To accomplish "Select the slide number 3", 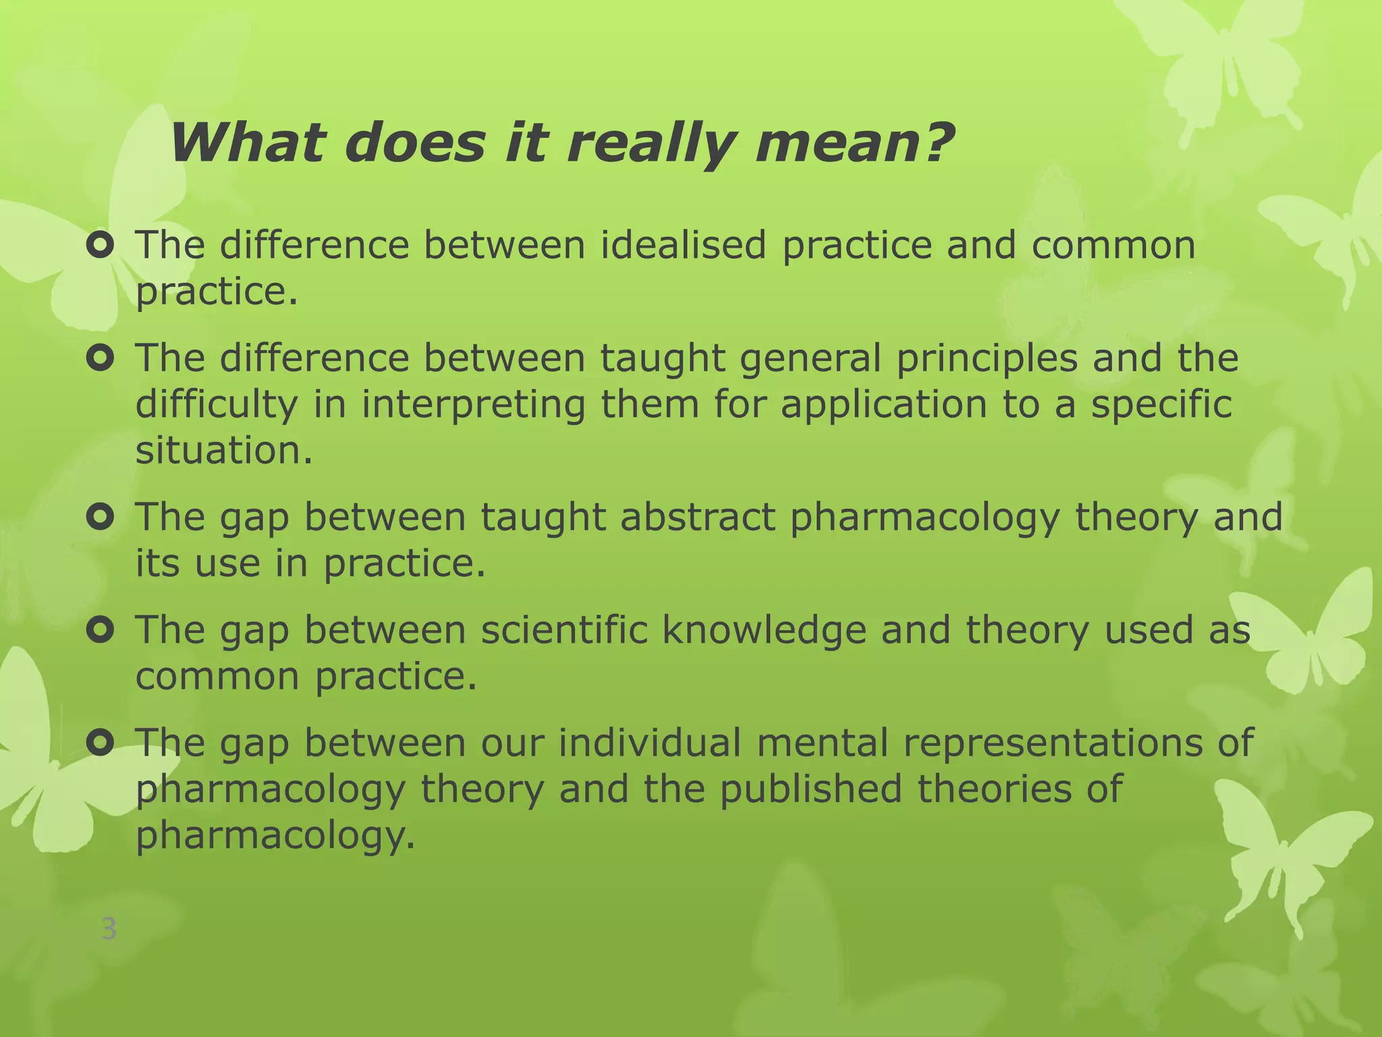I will (x=109, y=930).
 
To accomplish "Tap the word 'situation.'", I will (x=224, y=450).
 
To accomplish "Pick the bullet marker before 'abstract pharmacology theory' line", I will (x=100, y=518).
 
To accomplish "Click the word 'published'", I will (x=810, y=789).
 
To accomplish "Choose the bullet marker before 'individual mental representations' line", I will (x=100, y=743).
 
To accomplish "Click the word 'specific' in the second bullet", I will (x=1161, y=405).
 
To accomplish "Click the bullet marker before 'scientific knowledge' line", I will (x=100, y=631).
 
